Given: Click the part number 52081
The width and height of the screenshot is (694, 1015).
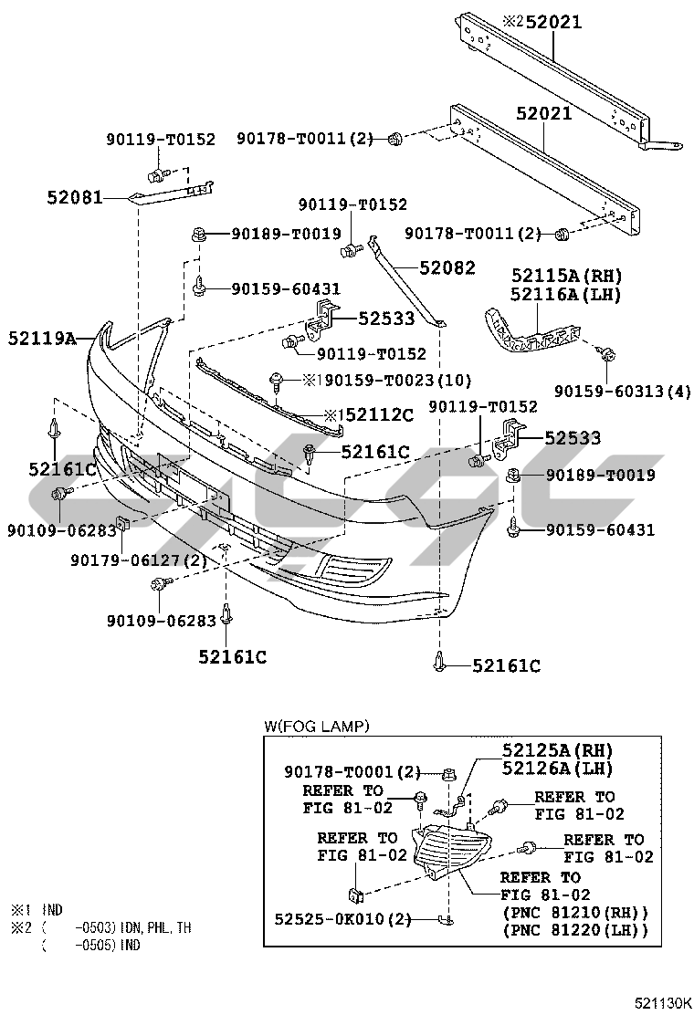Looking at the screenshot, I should click(74, 196).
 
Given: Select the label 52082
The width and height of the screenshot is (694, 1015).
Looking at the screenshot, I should click(447, 269).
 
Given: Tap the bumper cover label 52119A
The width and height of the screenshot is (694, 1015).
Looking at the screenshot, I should click(42, 338).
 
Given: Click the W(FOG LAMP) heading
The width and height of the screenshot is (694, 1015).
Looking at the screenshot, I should click(316, 727).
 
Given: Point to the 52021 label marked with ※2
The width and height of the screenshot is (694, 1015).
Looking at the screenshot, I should click(540, 23).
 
